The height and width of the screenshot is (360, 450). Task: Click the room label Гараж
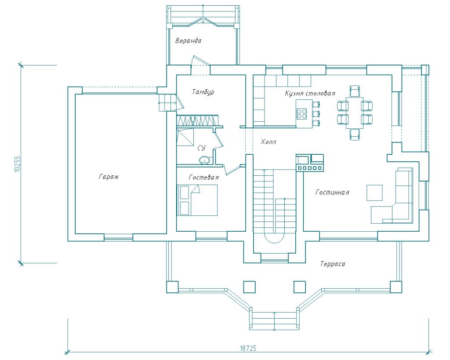(109, 177)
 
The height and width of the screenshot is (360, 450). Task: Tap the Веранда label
(188, 40)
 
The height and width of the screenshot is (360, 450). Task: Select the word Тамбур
(203, 92)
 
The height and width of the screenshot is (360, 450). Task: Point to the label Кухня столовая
(310, 93)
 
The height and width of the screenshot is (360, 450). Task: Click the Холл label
(269, 142)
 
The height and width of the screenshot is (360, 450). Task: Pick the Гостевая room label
(204, 178)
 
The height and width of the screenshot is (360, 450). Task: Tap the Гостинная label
(332, 192)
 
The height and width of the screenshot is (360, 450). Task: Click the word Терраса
(333, 264)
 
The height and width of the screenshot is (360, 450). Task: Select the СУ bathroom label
(201, 148)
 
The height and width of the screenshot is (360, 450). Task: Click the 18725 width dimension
(248, 348)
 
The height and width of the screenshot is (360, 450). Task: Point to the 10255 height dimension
(17, 164)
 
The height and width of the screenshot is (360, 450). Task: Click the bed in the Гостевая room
(197, 200)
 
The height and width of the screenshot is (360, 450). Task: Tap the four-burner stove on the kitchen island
(301, 113)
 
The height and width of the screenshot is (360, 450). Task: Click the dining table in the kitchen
(355, 113)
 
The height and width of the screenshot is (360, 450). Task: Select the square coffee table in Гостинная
(374, 193)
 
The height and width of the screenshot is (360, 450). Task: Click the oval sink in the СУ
(204, 160)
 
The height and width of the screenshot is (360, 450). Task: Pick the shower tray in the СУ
(185, 138)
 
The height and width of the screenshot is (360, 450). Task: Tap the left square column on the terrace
(250, 287)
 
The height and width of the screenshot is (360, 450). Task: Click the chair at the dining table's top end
(355, 91)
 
